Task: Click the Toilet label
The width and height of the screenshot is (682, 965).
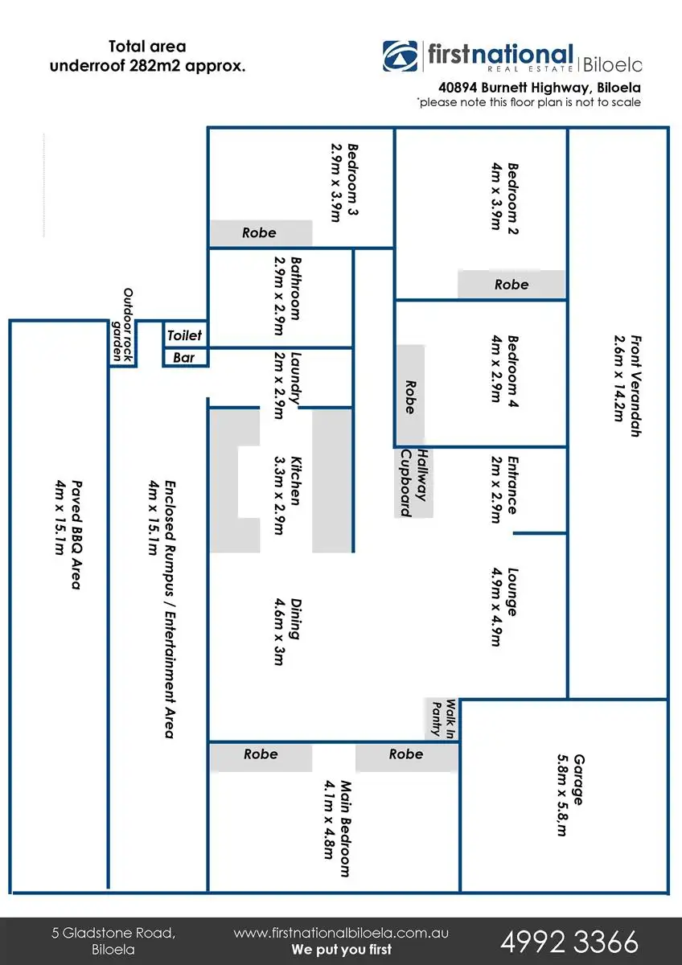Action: click(x=185, y=335)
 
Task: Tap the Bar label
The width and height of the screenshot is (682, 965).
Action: click(x=184, y=358)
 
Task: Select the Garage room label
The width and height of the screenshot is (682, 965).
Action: click(x=572, y=796)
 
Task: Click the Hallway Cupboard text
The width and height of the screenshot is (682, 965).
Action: click(x=412, y=482)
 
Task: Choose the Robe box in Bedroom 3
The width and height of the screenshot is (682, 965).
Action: click(x=260, y=233)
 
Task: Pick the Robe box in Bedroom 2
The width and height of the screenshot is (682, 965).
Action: click(x=511, y=285)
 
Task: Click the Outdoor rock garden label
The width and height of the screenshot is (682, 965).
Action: click(x=121, y=325)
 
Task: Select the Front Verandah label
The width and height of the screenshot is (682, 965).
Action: click(x=627, y=386)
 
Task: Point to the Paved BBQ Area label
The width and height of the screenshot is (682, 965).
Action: click(x=68, y=535)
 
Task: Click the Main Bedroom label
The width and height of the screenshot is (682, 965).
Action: click(x=338, y=828)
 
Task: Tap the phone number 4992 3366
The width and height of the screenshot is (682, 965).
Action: click(x=569, y=941)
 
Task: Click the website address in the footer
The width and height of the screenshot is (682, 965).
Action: click(x=341, y=934)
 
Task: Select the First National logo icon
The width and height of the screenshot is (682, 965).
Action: click(x=400, y=57)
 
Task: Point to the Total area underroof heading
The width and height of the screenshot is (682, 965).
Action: click(x=148, y=56)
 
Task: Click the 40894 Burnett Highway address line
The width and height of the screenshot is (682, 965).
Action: click(x=539, y=86)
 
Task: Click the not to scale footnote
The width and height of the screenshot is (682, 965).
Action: click(x=528, y=102)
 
